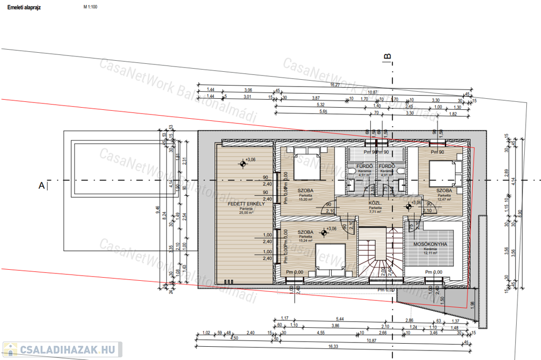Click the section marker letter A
(41, 185)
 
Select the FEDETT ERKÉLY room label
(242, 204)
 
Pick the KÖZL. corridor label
(375, 203)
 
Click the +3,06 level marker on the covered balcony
(242, 164)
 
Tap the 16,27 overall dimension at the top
(334, 84)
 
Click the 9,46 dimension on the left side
(157, 208)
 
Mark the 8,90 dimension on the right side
(520, 212)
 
